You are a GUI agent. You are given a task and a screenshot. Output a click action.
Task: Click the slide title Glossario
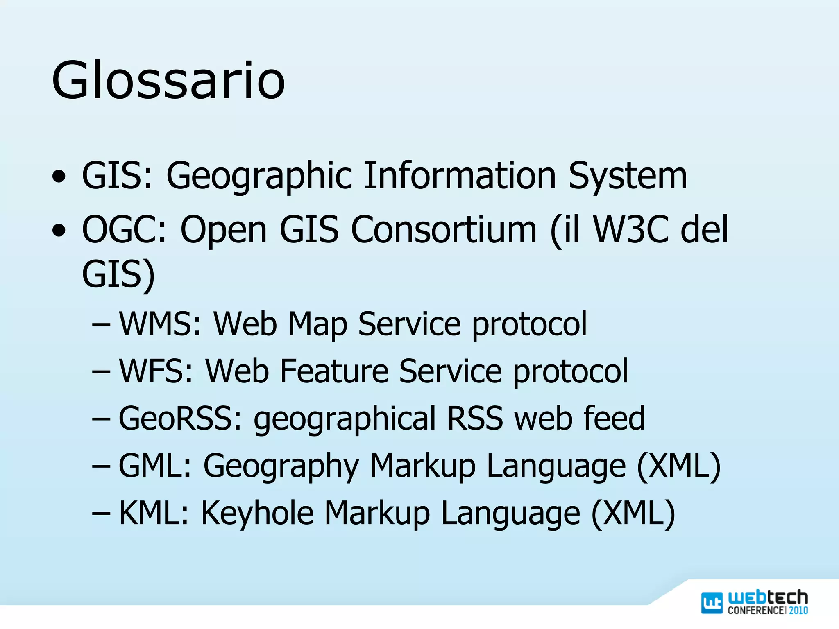(168, 80)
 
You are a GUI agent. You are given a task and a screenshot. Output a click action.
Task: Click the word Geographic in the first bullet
(259, 176)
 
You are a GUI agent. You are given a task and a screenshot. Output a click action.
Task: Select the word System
(628, 176)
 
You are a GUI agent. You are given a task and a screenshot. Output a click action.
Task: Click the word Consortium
(444, 229)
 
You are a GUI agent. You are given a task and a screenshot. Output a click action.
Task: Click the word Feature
(334, 371)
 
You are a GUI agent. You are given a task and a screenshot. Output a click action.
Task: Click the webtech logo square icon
(712, 603)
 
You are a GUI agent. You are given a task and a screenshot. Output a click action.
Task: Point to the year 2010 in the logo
(798, 610)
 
